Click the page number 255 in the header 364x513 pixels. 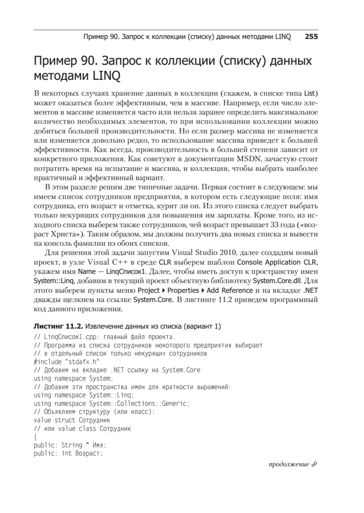coord(311,37)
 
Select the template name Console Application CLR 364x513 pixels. coord(276,260)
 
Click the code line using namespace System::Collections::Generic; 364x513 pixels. coord(111,403)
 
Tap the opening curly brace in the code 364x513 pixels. coord(35,436)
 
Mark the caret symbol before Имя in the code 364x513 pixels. coord(88,445)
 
